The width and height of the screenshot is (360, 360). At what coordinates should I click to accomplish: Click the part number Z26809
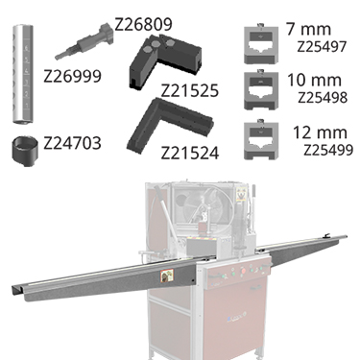click(143, 24)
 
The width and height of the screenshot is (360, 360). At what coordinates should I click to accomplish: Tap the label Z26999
click(72, 76)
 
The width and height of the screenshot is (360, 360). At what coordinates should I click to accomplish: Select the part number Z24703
click(72, 143)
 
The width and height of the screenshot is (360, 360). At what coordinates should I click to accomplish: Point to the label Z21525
click(190, 90)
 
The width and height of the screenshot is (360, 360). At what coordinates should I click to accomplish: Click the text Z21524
click(190, 153)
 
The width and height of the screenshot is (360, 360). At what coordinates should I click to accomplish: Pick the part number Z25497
click(322, 47)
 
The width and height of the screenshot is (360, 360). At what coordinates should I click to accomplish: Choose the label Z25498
click(323, 98)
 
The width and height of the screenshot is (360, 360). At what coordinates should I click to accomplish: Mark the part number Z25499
click(328, 150)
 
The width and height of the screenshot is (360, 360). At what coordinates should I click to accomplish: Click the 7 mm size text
click(308, 29)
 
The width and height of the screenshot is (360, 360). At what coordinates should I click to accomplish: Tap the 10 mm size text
click(314, 80)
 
